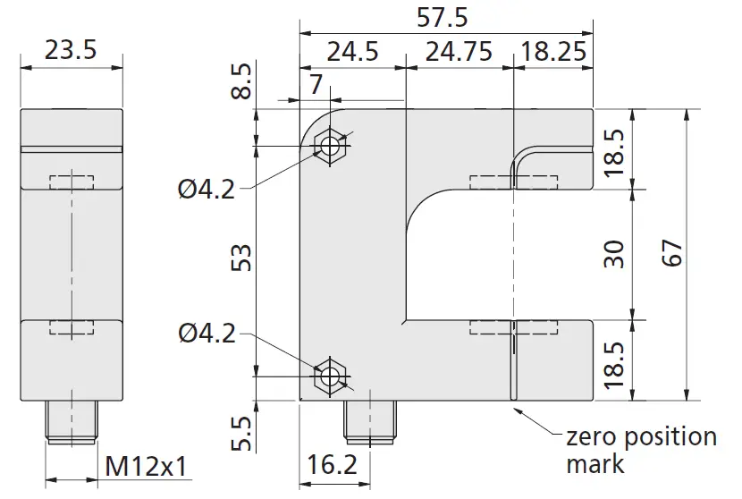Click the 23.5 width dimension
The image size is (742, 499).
pyautogui.click(x=70, y=50)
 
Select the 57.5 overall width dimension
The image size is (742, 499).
pyautogui.click(x=443, y=17)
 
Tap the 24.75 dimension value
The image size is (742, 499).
pyautogui.click(x=459, y=51)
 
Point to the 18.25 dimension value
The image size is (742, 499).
pyautogui.click(x=553, y=51)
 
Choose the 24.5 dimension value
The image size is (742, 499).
pyautogui.click(x=352, y=51)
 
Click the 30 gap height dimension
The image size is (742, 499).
pyautogui.click(x=613, y=254)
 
